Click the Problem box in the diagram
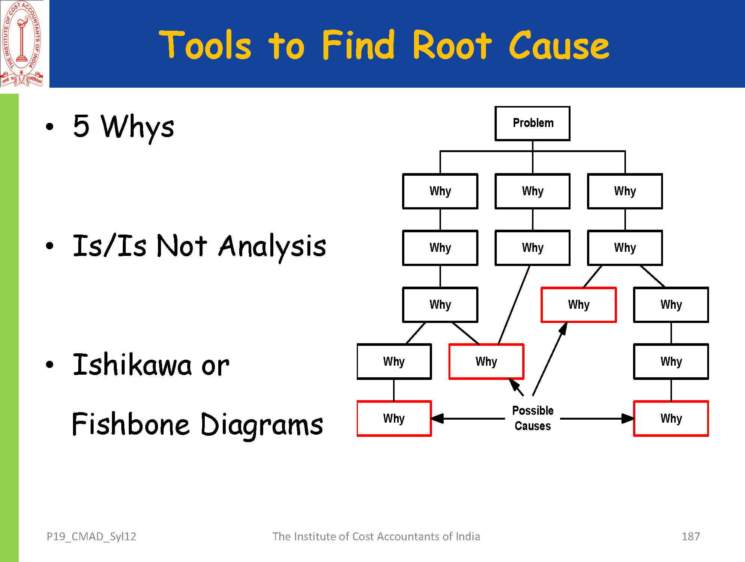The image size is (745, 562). (x=532, y=123)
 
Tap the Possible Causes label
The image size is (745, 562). (x=532, y=418)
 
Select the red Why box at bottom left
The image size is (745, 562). (x=394, y=419)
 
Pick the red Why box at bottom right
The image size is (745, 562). (x=671, y=419)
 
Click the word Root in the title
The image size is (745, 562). (x=452, y=46)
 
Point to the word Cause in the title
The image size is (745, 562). (x=559, y=46)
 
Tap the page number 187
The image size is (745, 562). (x=690, y=537)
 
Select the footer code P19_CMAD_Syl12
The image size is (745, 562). (x=91, y=537)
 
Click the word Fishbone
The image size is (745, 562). (x=131, y=424)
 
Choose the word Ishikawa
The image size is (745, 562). (x=132, y=365)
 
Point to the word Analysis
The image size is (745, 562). (x=272, y=247)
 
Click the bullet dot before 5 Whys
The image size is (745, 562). (x=50, y=127)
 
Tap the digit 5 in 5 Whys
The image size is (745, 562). (x=82, y=126)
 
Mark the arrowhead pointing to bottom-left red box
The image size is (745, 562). (x=437, y=419)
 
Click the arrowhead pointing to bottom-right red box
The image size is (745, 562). (x=628, y=419)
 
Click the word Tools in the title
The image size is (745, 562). (x=205, y=46)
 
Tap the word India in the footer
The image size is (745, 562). (x=468, y=537)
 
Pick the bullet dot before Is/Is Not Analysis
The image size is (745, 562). (x=50, y=246)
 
